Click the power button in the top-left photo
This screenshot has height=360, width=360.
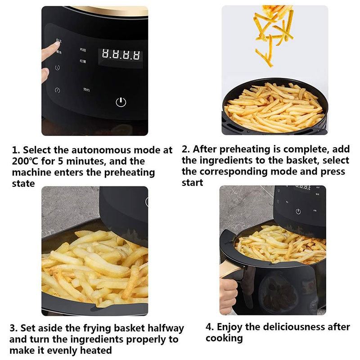click(x=121, y=102)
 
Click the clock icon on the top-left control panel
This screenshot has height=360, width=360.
click(x=58, y=68)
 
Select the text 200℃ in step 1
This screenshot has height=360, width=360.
click(x=26, y=161)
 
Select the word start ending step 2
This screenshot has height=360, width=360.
click(x=192, y=182)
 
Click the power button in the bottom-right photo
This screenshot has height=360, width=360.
click(x=298, y=211)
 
